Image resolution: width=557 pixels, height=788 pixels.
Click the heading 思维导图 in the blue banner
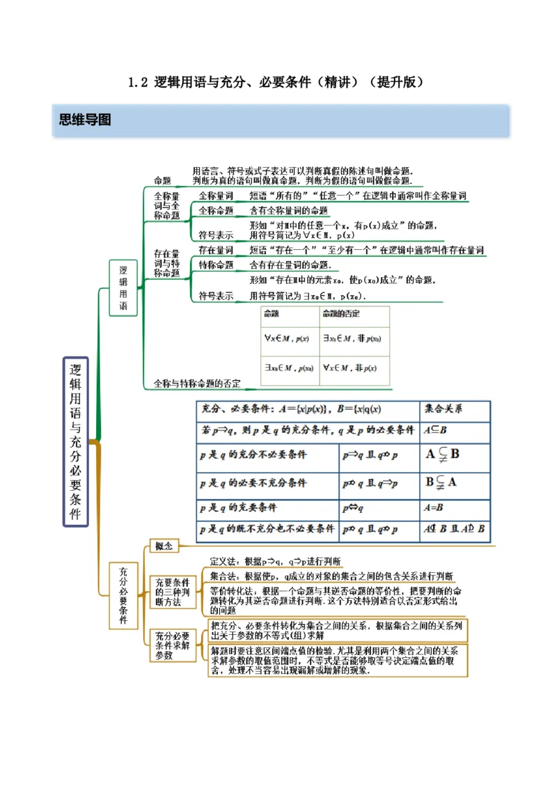[x=85, y=120]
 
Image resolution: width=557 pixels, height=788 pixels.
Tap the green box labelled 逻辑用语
[x=123, y=287]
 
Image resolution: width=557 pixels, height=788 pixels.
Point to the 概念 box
[x=164, y=546]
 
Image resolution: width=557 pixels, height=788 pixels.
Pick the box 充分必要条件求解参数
[x=172, y=645]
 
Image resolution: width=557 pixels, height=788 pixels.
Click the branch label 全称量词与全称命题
[x=166, y=206]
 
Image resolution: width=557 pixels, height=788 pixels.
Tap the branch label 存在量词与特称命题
[x=166, y=263]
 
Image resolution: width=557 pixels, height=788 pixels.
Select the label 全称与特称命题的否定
[x=197, y=383]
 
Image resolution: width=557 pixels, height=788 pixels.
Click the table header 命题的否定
[x=341, y=314]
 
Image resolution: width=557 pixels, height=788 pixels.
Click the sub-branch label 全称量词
[x=216, y=196]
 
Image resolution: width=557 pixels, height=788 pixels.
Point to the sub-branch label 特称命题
[x=216, y=265]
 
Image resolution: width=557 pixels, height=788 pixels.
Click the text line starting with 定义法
[x=275, y=562]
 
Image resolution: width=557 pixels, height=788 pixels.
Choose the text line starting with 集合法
[x=331, y=576]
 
